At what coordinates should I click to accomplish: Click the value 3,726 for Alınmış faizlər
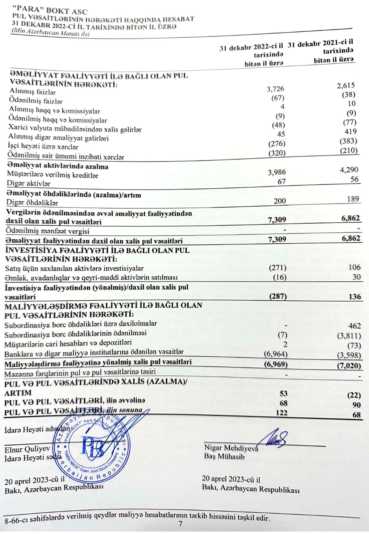[x=275, y=89]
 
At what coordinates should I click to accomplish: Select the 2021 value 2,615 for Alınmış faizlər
[x=346, y=86]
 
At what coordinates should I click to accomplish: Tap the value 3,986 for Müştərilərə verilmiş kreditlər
[x=276, y=172]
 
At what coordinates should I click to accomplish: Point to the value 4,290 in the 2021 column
[x=349, y=170]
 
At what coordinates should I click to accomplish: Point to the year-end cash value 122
[x=281, y=413]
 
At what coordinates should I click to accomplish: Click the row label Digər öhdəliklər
[x=32, y=202]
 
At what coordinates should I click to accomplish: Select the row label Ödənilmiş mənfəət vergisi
[x=48, y=231]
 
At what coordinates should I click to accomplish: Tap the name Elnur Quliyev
[x=27, y=449]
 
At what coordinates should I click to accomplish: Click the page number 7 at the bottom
[x=180, y=524]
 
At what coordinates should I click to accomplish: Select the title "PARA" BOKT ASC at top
[x=50, y=11]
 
